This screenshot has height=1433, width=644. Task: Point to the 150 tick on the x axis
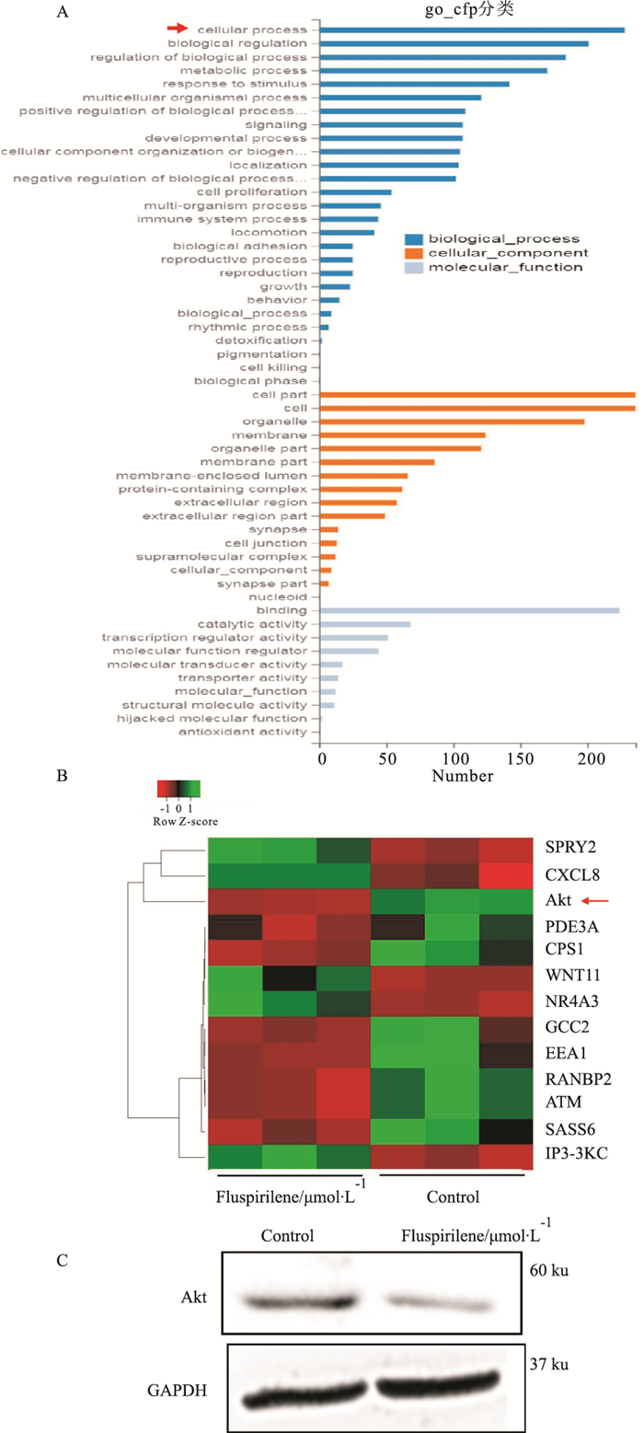coord(521,757)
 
